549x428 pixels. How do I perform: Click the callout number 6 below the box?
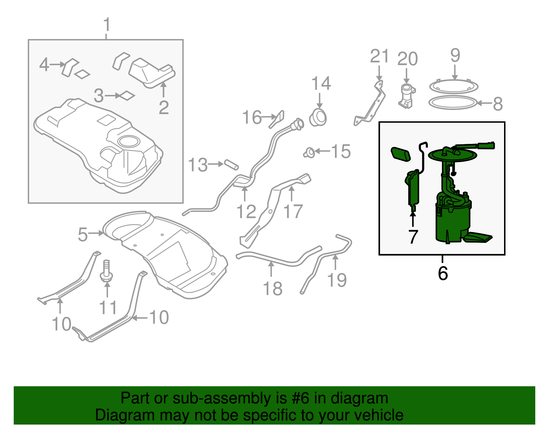click(443, 273)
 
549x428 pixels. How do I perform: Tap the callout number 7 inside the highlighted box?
click(413, 236)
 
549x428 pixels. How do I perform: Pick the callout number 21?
click(379, 57)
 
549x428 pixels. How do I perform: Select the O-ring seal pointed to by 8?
click(453, 103)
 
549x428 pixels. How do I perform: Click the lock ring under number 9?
click(453, 87)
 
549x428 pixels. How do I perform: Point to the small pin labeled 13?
click(231, 164)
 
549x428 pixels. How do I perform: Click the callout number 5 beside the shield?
click(83, 234)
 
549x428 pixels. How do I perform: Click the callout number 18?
click(272, 289)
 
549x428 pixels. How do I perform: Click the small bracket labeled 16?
click(277, 119)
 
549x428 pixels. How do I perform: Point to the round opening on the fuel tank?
click(129, 140)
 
